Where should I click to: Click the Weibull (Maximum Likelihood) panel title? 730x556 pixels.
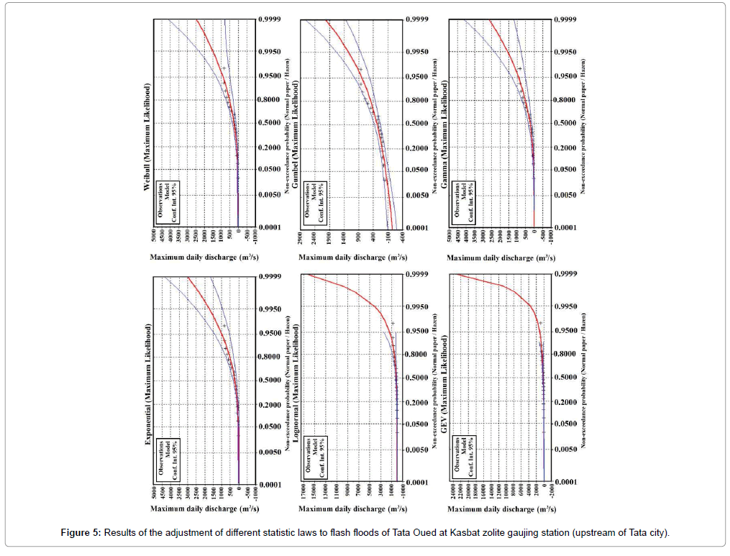tap(147, 137)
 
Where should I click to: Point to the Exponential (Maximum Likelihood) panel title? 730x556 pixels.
tap(148, 384)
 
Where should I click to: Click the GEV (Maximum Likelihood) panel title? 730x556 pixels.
tap(444, 386)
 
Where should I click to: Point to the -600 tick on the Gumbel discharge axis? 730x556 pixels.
tap(401, 240)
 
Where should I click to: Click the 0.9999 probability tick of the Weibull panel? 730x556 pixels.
tap(270, 19)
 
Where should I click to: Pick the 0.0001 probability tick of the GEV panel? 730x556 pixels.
tap(567, 481)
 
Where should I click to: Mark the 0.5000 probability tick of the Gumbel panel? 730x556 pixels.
tap(419, 123)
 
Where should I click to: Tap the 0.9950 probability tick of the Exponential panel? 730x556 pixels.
tap(270, 310)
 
